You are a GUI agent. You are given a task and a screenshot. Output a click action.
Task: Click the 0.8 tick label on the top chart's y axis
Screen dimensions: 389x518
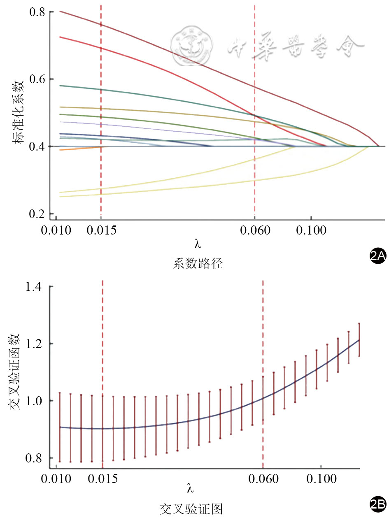pos(37,12)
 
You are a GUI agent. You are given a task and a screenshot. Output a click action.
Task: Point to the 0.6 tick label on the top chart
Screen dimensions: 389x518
pos(37,79)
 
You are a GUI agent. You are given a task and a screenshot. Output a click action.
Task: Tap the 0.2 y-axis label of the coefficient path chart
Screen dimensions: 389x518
pos(37,214)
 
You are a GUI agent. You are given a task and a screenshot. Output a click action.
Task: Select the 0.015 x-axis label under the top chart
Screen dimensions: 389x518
pos(101,230)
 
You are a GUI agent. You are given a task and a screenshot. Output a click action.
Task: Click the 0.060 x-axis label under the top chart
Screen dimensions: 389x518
pos(255,230)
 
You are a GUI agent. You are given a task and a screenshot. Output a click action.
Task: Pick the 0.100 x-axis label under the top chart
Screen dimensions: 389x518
pos(311,230)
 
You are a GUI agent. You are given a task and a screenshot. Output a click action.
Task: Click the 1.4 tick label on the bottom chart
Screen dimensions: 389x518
pos(33,287)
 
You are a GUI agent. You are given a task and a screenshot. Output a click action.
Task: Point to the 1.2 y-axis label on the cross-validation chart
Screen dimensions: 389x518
pos(33,344)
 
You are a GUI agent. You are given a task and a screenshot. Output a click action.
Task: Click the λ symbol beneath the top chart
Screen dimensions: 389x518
pos(198,244)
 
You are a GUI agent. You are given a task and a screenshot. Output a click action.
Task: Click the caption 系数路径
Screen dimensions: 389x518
pos(198,264)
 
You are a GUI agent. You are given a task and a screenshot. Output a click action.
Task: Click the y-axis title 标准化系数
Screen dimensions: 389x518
pos(18,112)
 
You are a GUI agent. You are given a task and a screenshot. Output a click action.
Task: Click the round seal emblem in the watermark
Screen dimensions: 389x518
pos(191,45)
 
